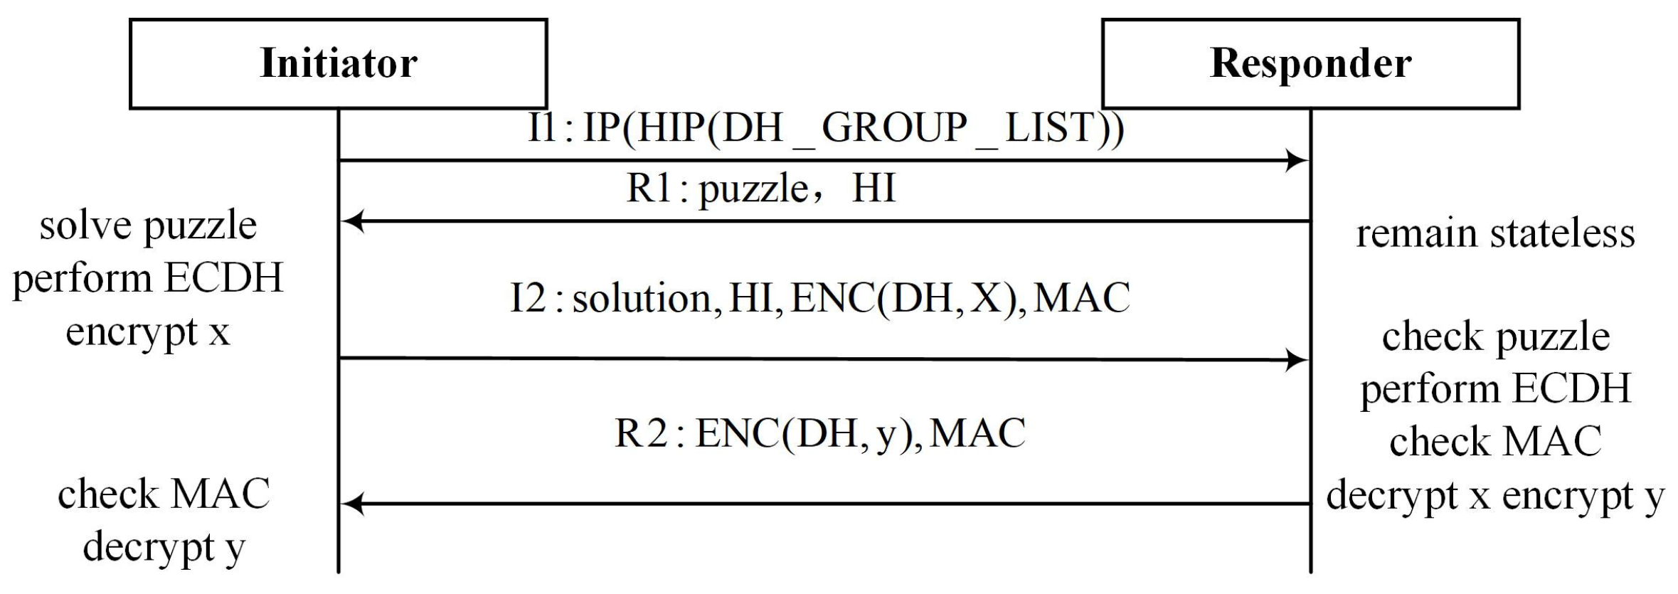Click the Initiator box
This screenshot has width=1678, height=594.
[x=338, y=63]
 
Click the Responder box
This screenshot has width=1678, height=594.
[x=1310, y=63]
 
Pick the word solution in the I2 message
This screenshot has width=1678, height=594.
[x=642, y=298]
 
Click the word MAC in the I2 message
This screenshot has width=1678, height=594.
[x=1081, y=298]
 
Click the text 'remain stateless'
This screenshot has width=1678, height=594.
[x=1494, y=234]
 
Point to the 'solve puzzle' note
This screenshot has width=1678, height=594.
[x=148, y=227]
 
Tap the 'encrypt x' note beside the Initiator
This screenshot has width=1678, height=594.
[x=148, y=332]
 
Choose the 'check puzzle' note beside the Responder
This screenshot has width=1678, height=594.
[x=1495, y=336]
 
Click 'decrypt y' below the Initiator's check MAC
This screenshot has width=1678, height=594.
[x=164, y=548]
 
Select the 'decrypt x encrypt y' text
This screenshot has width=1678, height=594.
[x=1495, y=496]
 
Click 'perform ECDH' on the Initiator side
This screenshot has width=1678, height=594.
[x=148, y=279]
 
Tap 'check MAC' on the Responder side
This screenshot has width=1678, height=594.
[x=1495, y=442]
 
